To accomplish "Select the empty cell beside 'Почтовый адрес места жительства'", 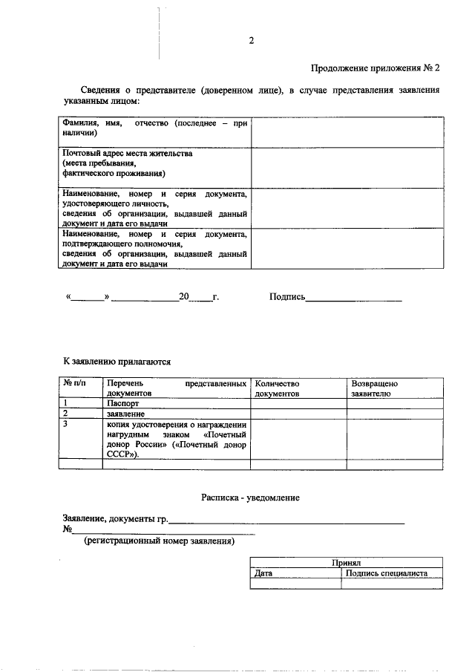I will tap(347, 166).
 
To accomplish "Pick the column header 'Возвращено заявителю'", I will tap(375, 388).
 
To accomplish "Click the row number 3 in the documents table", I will tap(66, 424).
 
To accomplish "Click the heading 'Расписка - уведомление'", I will tap(250, 498).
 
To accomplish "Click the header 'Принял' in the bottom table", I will tap(346, 564).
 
